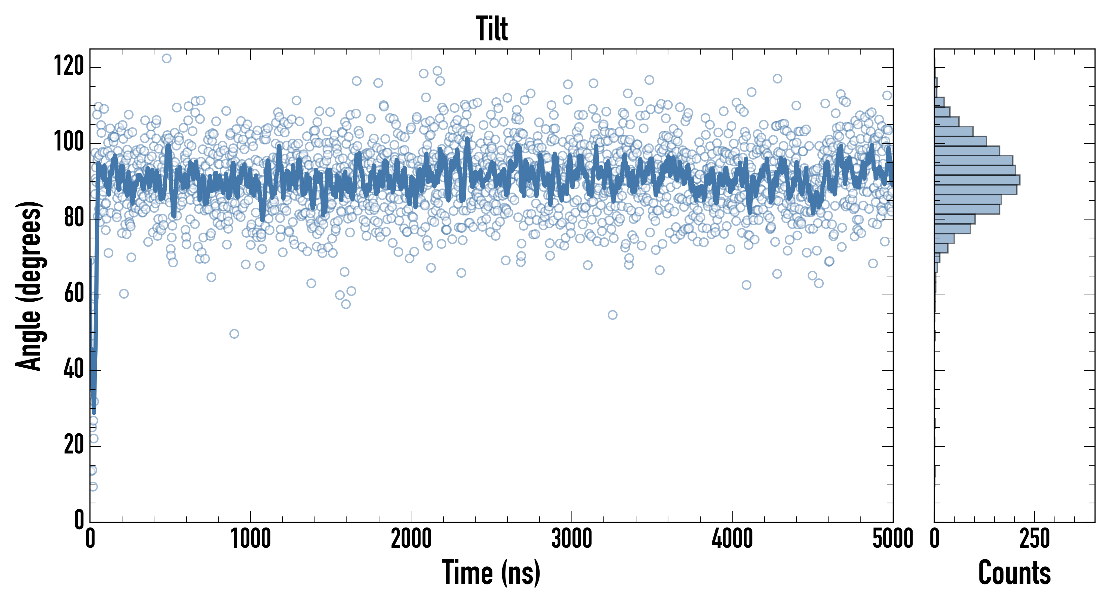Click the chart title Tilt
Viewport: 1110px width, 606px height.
coord(492,29)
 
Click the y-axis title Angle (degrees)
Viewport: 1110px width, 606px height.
coord(29,285)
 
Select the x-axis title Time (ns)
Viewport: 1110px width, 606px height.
coord(491,573)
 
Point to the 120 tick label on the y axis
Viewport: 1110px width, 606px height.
coord(69,67)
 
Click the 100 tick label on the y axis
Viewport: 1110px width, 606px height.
coord(69,142)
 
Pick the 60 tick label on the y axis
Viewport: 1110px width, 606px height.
coord(74,294)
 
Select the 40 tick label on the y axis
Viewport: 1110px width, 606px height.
coord(74,370)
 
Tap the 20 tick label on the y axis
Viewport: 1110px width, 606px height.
coord(74,445)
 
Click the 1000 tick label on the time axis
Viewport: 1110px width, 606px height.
coord(250,539)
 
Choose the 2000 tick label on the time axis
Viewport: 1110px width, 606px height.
coord(411,539)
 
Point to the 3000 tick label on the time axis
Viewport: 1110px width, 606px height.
coord(571,539)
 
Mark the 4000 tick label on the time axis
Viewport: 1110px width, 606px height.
coord(732,539)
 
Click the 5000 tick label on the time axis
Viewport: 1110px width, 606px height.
coord(892,539)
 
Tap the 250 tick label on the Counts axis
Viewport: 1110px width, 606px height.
coord(1034,539)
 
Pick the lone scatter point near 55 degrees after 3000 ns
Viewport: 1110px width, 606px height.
coord(612,315)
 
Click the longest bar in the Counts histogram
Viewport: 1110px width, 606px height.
coord(977,180)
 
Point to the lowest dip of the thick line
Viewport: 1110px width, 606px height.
coord(94,412)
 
